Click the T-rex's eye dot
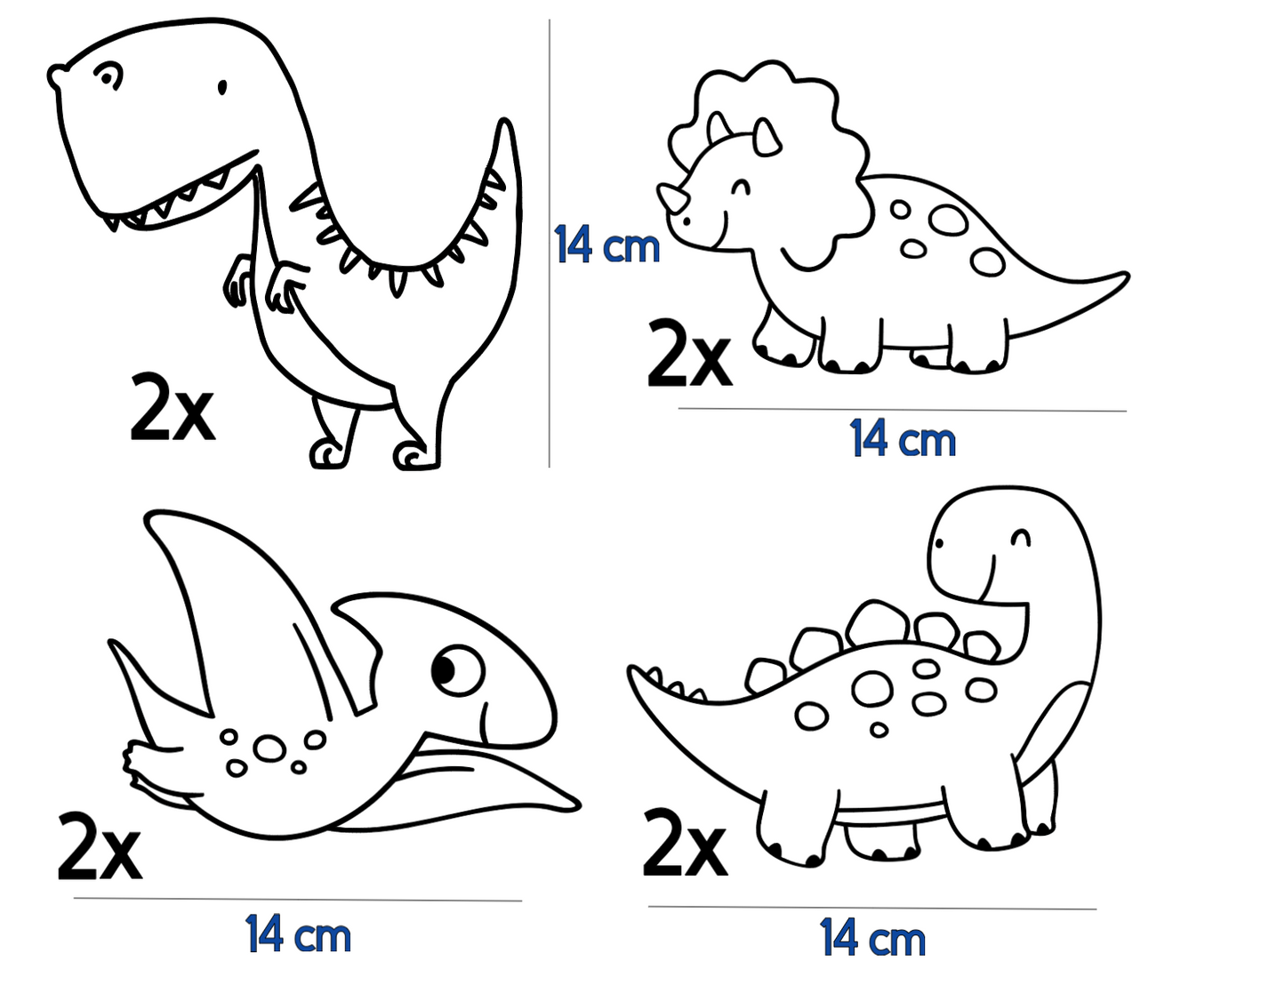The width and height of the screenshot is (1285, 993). coord(222,87)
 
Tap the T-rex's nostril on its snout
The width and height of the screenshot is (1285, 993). coord(109,76)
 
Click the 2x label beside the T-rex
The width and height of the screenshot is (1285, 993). coord(172,408)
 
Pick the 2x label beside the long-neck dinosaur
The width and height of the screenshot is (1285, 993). coord(684,842)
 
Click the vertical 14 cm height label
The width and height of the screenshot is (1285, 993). coord(606,245)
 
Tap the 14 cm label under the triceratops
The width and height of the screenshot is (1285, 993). coord(903,439)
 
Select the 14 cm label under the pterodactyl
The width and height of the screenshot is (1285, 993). coord(298,935)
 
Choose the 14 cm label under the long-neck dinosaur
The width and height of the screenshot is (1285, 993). coord(872,940)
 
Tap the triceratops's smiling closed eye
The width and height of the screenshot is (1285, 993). coord(740,187)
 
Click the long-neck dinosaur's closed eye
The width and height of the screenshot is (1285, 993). coord(1021,537)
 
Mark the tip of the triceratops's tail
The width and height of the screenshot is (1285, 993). coord(1126,277)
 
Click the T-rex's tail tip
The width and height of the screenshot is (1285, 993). coord(505,124)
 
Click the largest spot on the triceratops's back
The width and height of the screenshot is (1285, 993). coord(949,220)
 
